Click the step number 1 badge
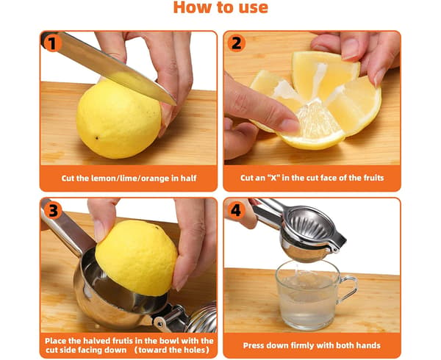coord(53,43)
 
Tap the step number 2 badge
coord(236,43)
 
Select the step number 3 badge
coord(53,210)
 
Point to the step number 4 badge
coord(236,210)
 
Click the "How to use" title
coord(220,7)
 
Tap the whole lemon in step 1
coord(118,119)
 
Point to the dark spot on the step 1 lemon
coord(97,137)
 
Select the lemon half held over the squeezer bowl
coord(136,257)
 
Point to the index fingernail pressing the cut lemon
coord(290,126)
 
